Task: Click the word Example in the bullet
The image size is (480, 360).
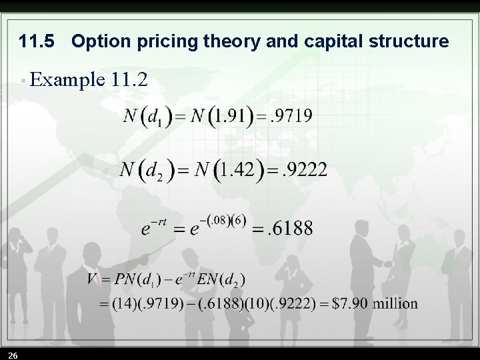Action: pyautogui.click(x=67, y=81)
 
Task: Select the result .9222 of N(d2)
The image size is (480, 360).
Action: pyautogui.click(x=304, y=169)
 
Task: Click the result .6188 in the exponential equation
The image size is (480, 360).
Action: pyautogui.click(x=289, y=229)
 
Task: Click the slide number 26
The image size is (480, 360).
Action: pyautogui.click(x=13, y=353)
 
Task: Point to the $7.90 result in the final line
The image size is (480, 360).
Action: pyautogui.click(x=346, y=304)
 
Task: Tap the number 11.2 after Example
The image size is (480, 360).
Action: pyautogui.click(x=130, y=81)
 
